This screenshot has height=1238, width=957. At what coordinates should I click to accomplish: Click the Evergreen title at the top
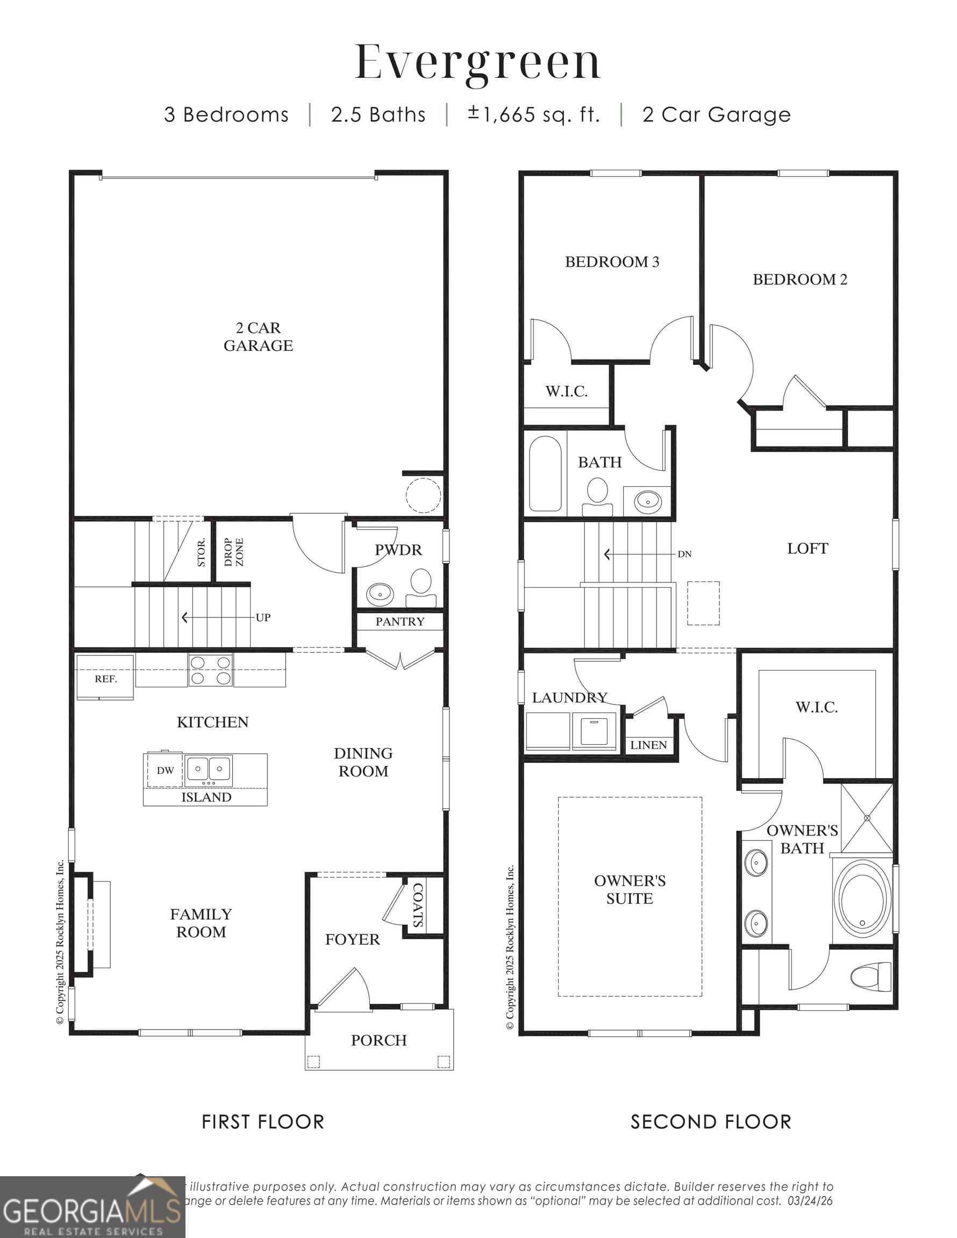(x=477, y=62)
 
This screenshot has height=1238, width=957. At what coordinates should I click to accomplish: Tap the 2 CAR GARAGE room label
(x=258, y=336)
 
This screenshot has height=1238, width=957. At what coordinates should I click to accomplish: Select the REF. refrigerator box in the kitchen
(x=105, y=678)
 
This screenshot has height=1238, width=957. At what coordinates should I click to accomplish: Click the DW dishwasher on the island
(x=165, y=770)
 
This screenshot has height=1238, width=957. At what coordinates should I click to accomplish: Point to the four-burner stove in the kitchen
(x=210, y=670)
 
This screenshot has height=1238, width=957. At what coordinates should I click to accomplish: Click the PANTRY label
(x=399, y=621)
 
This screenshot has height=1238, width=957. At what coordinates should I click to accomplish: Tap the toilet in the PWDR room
(x=421, y=587)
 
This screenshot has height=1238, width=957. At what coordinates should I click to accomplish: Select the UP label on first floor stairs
(x=263, y=617)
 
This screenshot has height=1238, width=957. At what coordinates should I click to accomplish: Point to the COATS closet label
(x=418, y=905)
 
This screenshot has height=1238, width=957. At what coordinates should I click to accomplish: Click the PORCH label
(x=378, y=1040)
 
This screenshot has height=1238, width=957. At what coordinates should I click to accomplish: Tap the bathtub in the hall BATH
(x=545, y=473)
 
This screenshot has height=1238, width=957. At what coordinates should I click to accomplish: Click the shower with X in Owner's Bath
(x=867, y=818)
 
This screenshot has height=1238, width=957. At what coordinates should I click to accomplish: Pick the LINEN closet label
(x=648, y=745)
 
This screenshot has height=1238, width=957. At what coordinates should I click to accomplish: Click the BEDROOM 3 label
(x=611, y=262)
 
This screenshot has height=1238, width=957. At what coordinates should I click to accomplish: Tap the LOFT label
(x=807, y=548)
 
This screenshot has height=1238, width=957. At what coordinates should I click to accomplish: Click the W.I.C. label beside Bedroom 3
(x=566, y=391)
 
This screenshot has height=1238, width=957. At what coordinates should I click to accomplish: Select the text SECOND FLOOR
(x=710, y=1122)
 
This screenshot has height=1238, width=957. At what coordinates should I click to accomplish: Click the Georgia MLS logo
(x=92, y=1208)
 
